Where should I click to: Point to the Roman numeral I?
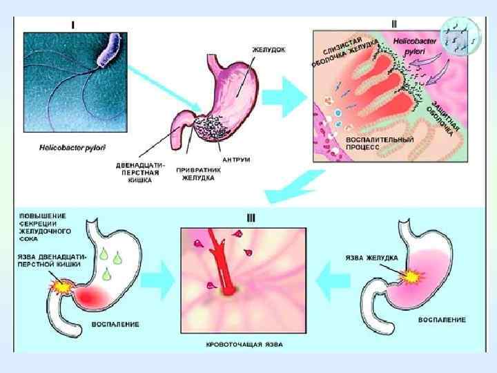coord(74,24)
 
